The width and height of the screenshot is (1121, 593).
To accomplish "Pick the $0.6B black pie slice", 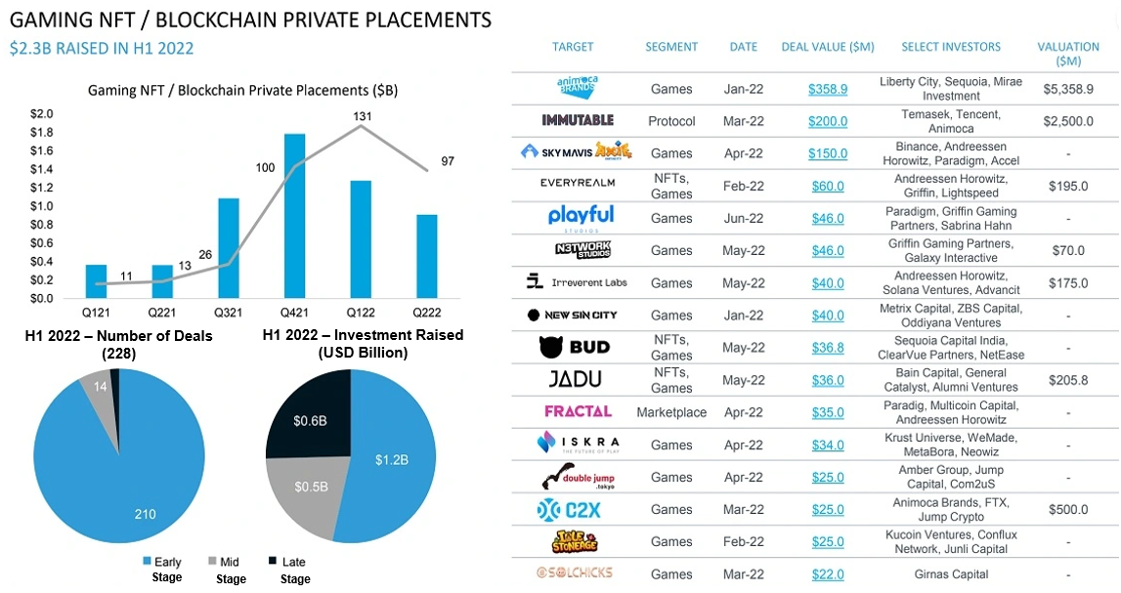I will point(311,421).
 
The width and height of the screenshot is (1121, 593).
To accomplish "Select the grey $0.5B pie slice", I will point(311,488).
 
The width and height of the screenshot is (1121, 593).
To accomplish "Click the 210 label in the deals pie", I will point(146,515).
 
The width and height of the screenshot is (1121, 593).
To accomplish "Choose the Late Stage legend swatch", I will point(273,562).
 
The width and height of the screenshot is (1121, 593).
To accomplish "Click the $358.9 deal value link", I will point(828,89).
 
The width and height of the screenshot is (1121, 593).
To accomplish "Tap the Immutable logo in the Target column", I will point(578,120).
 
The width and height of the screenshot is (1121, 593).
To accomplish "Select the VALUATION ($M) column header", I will point(1068,54).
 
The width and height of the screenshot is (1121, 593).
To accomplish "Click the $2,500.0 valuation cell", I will point(1068,121).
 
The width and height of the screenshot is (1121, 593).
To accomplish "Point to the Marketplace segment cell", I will point(671,412).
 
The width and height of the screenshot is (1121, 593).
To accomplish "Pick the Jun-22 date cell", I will point(743,219).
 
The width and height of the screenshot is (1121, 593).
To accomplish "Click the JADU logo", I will point(577,379).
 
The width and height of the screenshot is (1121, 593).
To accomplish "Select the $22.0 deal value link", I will point(828,574).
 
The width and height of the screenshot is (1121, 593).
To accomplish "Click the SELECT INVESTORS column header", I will point(951,47).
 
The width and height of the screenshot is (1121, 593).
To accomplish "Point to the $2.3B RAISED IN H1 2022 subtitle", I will point(102,48).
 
